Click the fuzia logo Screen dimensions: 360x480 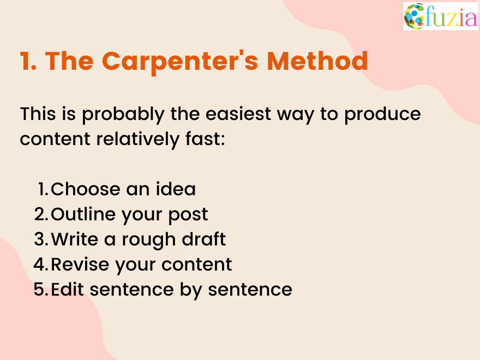440,16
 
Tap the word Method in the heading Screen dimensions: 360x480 317,61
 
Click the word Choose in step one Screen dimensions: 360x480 85,189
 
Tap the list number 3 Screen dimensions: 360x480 41,239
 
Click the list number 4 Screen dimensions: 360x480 41,265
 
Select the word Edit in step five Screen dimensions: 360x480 68,290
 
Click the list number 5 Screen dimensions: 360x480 41,290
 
